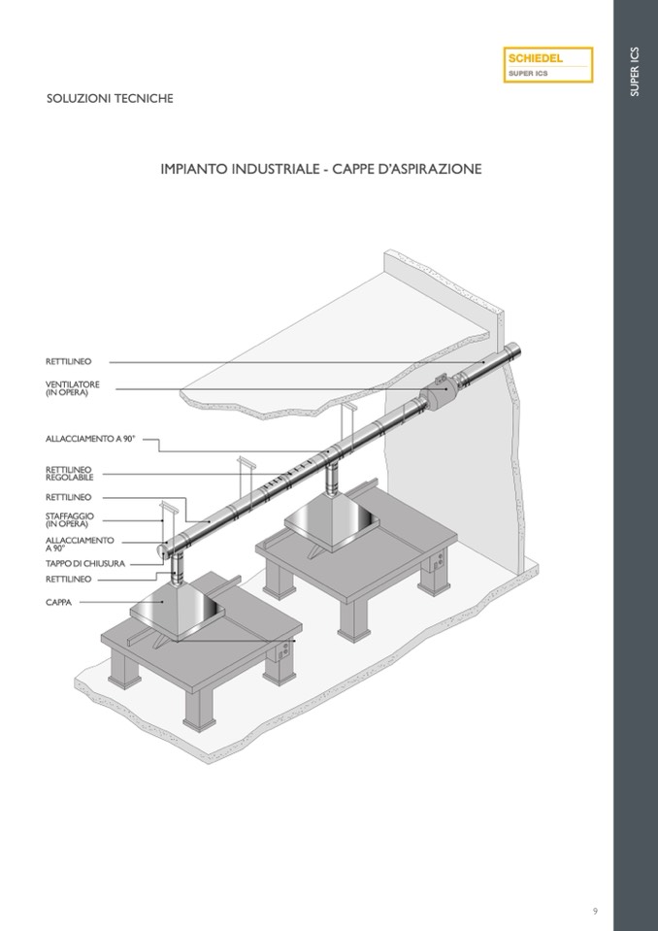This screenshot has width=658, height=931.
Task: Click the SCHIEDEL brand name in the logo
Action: pos(535,58)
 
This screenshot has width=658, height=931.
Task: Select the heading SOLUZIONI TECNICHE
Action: pos(110,99)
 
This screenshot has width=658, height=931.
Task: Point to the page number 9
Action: pos(595,911)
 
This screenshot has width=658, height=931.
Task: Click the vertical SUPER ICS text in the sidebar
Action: pos(635,71)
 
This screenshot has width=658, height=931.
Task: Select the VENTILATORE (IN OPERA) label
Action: pos(73,388)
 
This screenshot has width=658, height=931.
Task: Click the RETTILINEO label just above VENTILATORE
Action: pos(68,361)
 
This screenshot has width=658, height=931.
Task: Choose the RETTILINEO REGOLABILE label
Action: pos(70,473)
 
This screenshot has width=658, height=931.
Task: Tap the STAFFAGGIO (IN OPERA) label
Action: pos(70,520)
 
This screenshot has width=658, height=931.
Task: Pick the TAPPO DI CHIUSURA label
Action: pos(85,563)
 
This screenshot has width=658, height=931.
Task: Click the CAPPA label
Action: pos(59,602)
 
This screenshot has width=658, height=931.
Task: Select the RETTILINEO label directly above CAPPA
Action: pos(68,579)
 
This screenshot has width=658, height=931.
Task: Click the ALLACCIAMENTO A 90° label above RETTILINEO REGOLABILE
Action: pos(91,439)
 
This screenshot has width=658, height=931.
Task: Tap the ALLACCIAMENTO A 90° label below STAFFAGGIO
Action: pos(80,544)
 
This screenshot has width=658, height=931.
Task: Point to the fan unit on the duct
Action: pos(440,391)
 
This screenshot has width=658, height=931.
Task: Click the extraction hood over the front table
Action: pos(178,611)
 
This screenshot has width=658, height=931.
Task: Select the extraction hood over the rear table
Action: pos(332,522)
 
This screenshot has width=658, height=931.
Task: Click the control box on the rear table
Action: pos(438,559)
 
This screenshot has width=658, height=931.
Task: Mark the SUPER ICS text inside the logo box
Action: pos(528,74)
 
